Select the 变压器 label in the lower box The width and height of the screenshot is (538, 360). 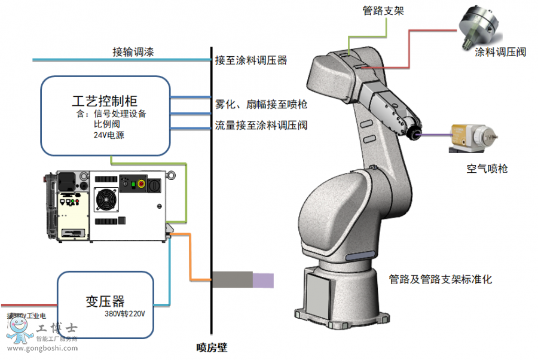(x=105, y=301)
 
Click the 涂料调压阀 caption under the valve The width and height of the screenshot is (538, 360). (x=500, y=52)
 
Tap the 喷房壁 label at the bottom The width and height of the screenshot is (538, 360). (x=212, y=347)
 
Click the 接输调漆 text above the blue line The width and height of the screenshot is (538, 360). (x=133, y=52)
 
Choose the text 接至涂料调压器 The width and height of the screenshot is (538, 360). (x=251, y=60)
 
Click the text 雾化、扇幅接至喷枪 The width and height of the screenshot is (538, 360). (x=261, y=105)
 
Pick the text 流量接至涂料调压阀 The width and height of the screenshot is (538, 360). (x=261, y=126)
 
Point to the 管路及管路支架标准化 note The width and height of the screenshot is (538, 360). (x=441, y=279)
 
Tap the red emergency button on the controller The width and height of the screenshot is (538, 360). (x=143, y=184)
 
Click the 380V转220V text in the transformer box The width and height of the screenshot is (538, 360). (x=126, y=314)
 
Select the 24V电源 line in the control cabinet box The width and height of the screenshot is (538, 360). (x=109, y=135)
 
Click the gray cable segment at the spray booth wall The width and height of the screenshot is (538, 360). (x=232, y=279)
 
